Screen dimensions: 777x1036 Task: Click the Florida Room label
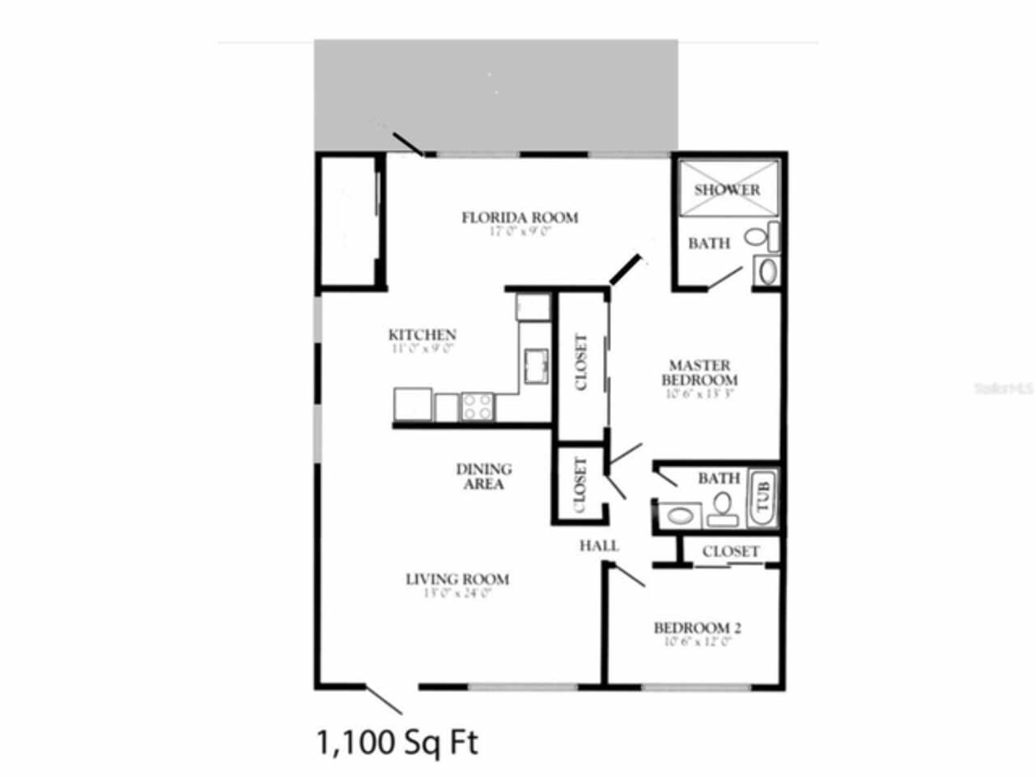tap(520, 217)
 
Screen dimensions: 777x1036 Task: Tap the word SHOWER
tap(727, 189)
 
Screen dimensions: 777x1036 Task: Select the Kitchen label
tap(422, 334)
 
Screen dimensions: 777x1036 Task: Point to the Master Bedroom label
tap(699, 372)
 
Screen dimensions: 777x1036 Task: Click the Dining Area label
tap(484, 476)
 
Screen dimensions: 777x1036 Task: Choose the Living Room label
tap(457, 579)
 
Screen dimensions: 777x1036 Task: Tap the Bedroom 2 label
tap(698, 627)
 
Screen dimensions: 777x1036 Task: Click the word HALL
tap(599, 546)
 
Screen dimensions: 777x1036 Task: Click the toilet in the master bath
tap(756, 238)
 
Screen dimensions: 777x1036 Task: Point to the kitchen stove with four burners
tap(477, 406)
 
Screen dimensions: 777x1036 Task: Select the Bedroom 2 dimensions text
tap(697, 642)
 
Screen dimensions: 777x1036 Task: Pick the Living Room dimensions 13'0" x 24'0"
tap(457, 592)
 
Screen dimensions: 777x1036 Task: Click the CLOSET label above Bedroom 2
tap(731, 551)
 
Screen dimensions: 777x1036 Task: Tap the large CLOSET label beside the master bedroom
tap(581, 363)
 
